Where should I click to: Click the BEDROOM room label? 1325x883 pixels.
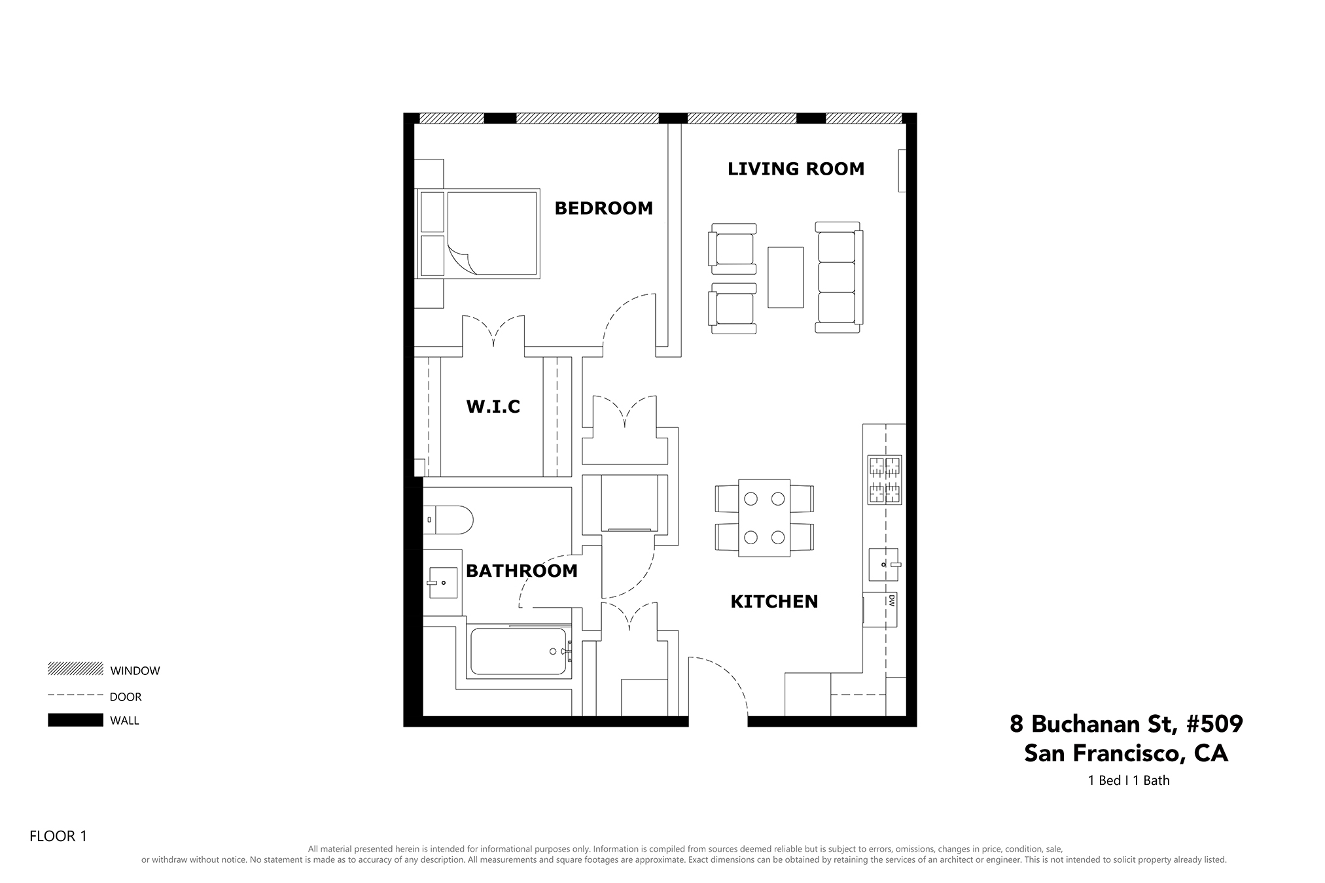tap(603, 208)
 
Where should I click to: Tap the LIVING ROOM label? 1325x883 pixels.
tap(796, 169)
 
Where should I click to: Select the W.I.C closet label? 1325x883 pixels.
tap(493, 407)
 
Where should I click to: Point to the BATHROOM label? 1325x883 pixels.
tap(521, 571)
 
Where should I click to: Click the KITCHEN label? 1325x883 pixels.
tap(774, 602)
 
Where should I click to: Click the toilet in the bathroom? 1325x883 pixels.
tap(448, 520)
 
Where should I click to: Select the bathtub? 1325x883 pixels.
tap(518, 651)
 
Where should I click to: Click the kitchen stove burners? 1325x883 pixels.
tap(884, 480)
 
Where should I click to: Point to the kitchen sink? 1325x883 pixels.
tap(883, 564)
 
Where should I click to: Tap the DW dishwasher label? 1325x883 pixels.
tap(891, 601)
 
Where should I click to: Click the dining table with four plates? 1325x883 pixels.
tap(764, 518)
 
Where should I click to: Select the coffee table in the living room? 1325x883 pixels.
tap(785, 277)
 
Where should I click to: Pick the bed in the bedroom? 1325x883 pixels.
tap(478, 234)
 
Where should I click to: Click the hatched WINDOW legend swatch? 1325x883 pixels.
tap(75, 668)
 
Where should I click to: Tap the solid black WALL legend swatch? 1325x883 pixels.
tap(75, 719)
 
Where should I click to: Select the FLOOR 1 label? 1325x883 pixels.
tap(58, 836)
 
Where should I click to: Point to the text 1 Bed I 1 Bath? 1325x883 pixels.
tap(1129, 780)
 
